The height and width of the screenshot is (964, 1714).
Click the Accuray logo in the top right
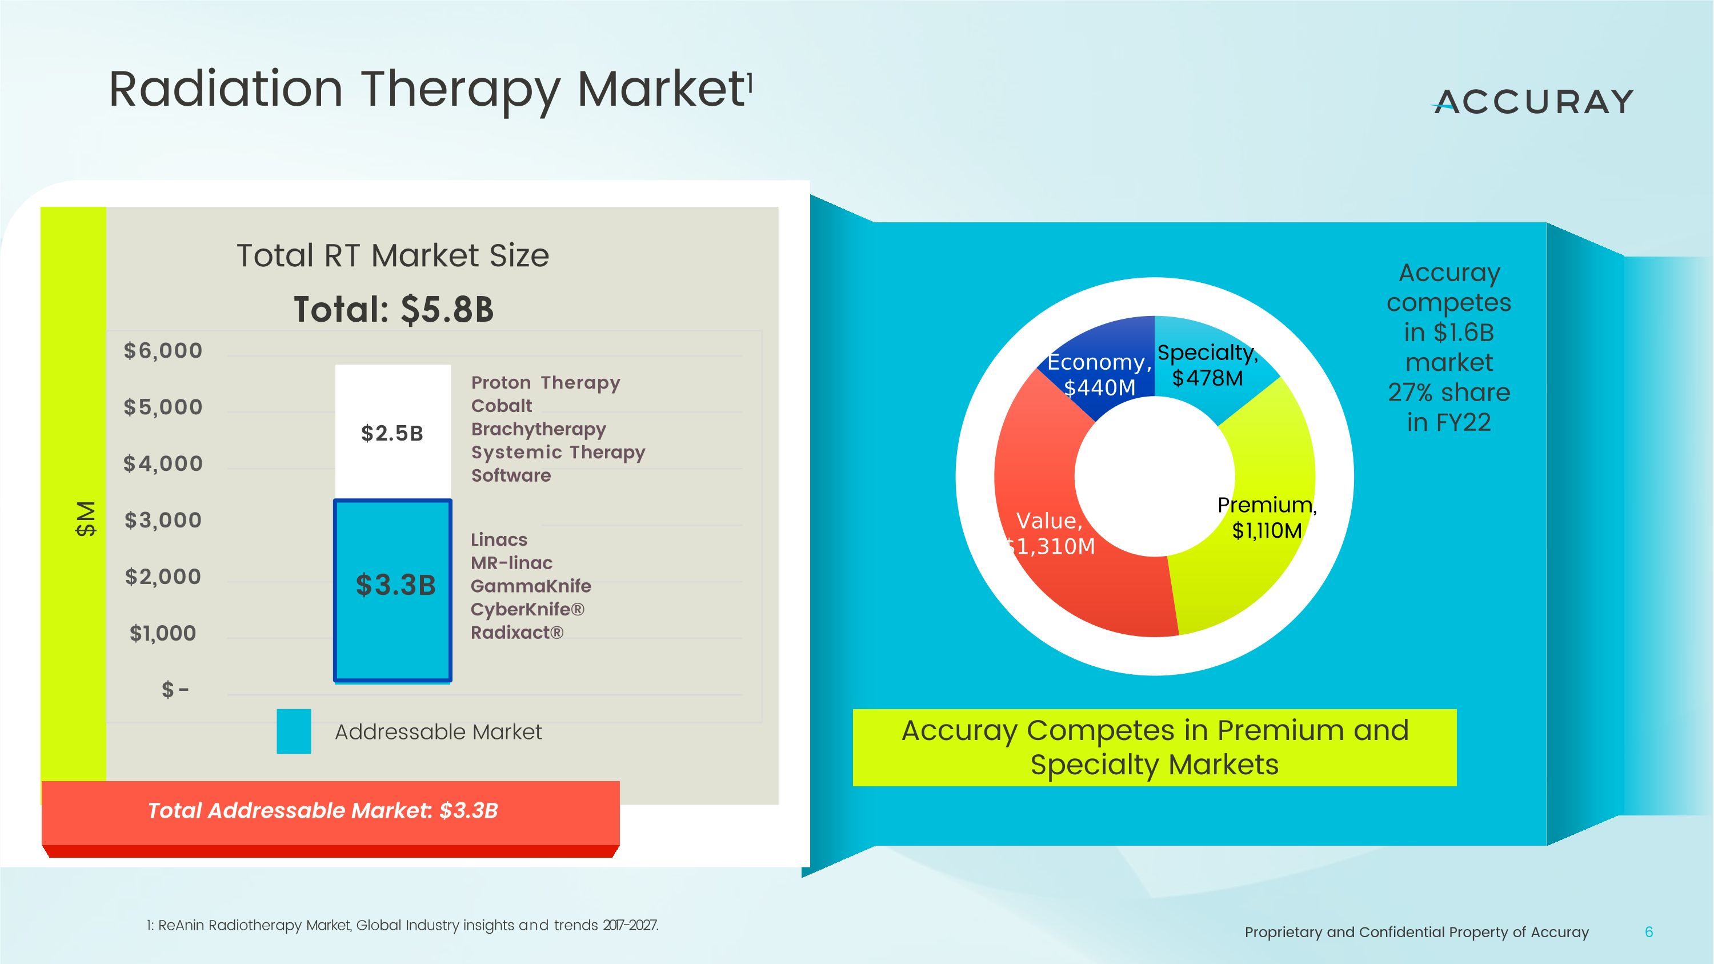(x=1532, y=102)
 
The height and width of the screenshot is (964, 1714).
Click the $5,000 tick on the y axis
(x=163, y=406)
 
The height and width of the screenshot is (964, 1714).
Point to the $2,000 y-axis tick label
(x=163, y=576)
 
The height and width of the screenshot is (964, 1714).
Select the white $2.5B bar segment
(x=393, y=433)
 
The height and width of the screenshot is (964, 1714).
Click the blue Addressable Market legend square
(x=294, y=731)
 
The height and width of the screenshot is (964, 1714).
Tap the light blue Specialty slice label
(x=1207, y=365)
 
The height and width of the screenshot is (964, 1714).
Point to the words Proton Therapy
(x=546, y=382)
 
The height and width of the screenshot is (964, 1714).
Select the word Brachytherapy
(x=538, y=429)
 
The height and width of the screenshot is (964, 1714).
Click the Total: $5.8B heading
(x=394, y=309)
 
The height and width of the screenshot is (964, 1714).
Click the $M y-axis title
(x=86, y=519)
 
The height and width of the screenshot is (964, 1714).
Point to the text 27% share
(x=1448, y=393)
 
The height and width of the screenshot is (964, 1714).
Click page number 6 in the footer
(x=1649, y=932)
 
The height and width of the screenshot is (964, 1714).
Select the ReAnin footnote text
(x=403, y=925)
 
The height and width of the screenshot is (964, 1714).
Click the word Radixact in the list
(x=512, y=633)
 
